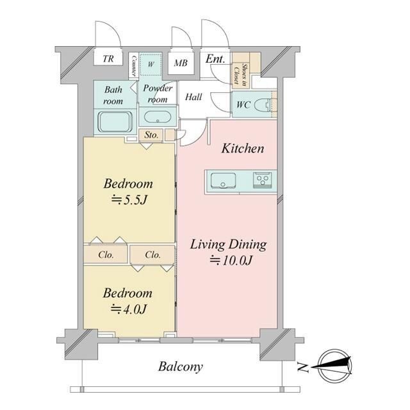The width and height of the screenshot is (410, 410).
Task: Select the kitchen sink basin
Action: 224,181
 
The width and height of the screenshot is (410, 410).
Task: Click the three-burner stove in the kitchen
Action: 262,181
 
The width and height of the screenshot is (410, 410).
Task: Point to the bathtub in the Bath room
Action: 115,122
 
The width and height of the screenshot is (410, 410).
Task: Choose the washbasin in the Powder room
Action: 158,117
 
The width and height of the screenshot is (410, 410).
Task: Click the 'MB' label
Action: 181,63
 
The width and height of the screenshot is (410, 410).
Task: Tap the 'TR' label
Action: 108,58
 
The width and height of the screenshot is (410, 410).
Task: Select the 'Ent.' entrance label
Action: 215,59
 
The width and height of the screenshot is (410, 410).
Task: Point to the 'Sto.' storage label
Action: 151,135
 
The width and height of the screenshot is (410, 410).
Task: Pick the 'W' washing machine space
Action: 151,64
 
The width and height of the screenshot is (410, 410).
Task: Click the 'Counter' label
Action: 134,65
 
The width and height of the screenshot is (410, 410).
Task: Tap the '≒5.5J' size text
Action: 129,201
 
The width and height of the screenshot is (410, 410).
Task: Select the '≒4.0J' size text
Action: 128,309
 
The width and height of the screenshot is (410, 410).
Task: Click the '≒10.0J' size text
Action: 231,261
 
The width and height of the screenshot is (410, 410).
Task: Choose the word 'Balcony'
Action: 181,367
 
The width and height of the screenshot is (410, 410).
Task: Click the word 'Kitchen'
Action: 243,149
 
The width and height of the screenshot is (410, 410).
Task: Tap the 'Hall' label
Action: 193,97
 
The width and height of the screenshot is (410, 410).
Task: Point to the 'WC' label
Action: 243,105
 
